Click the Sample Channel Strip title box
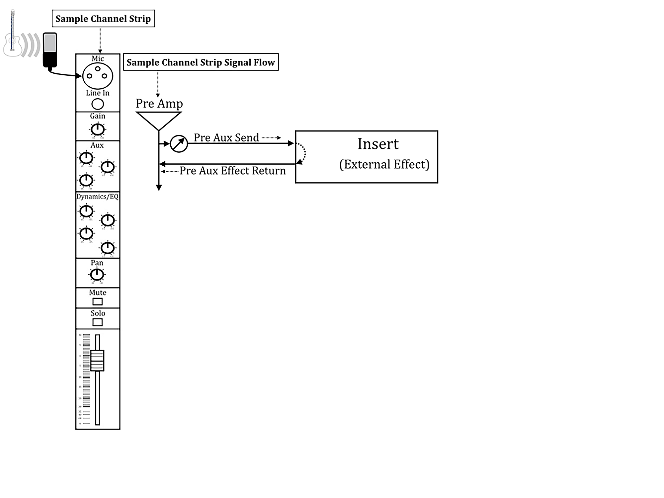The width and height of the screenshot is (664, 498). (x=103, y=19)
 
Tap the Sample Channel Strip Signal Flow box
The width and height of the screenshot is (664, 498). (x=201, y=62)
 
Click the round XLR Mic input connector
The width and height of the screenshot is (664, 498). (x=98, y=76)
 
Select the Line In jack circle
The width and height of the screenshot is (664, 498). (x=98, y=104)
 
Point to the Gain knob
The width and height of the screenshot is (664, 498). (x=98, y=129)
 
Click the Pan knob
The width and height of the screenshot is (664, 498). (x=97, y=275)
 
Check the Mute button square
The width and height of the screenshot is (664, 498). (x=97, y=301)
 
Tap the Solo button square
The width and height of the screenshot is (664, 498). (x=97, y=322)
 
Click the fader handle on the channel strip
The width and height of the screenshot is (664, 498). (x=97, y=361)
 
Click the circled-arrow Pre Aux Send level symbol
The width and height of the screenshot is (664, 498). (x=179, y=144)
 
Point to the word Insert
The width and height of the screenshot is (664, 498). (x=378, y=144)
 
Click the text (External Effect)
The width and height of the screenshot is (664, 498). (x=384, y=164)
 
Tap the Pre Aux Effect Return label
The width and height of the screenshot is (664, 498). (x=232, y=171)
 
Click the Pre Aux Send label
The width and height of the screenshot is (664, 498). (x=226, y=137)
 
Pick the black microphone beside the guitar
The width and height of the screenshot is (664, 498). (x=50, y=50)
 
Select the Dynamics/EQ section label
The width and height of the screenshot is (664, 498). (x=97, y=197)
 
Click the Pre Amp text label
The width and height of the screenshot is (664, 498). (x=159, y=103)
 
